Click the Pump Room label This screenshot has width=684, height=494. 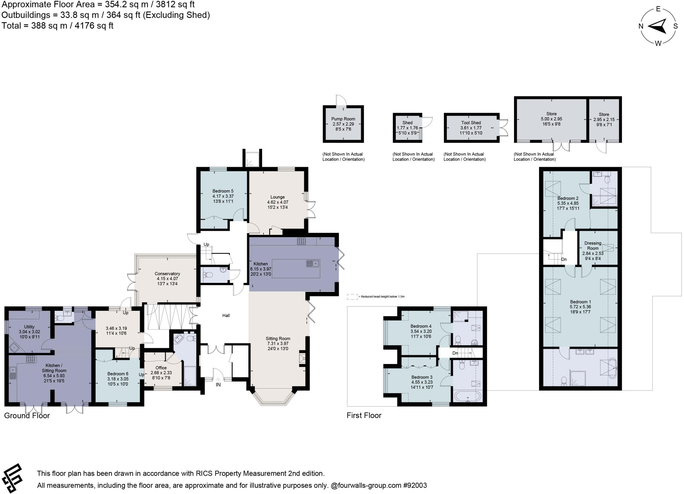click(343, 119)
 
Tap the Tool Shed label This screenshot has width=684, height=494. click(471, 123)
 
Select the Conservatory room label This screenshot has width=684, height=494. click(167, 274)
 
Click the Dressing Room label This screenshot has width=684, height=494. click(593, 245)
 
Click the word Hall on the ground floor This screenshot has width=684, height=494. click(226, 315)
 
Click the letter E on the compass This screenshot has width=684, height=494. click(658, 9)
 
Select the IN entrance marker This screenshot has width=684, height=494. click(218, 385)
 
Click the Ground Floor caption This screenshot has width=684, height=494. click(27, 415)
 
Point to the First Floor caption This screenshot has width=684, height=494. click(364, 415)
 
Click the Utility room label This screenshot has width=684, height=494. click(29, 327)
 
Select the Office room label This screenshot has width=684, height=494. click(161, 368)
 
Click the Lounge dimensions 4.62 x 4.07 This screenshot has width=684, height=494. click(278, 202)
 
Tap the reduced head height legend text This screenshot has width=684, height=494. click(382, 297)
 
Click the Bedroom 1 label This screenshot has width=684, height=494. click(580, 302)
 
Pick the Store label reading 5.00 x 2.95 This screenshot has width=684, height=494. click(551, 119)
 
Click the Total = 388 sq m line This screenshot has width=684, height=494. click(57, 26)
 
